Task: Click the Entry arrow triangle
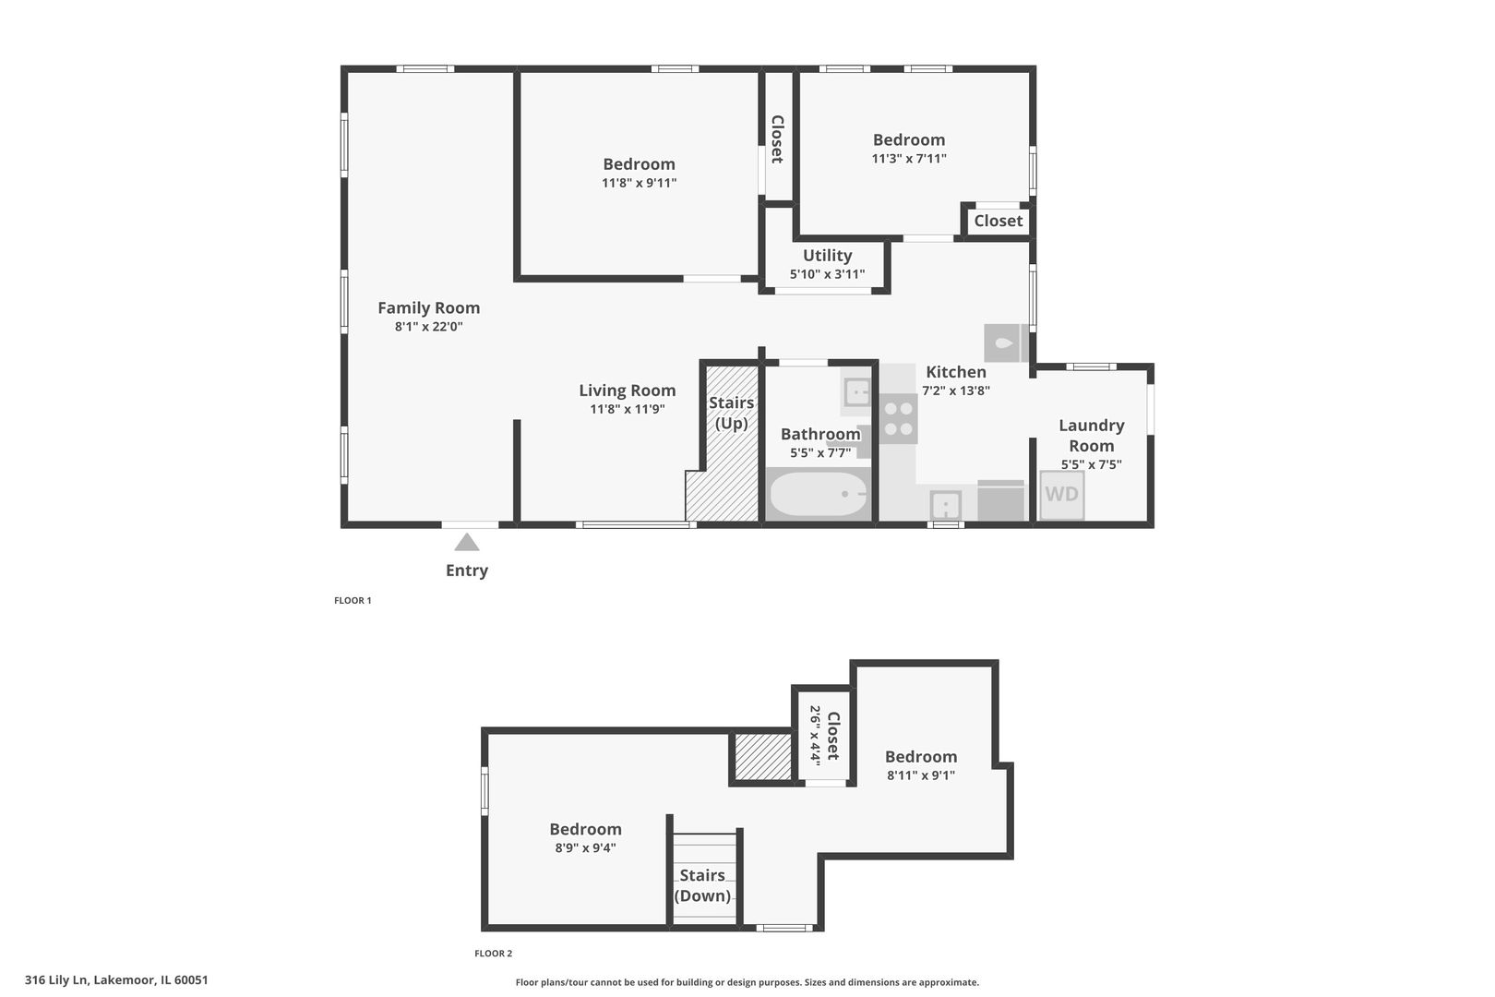(467, 543)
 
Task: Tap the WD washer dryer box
(1061, 495)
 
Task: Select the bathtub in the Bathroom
(818, 495)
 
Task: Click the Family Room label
(428, 308)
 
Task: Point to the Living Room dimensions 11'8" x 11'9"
(628, 409)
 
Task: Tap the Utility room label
(827, 256)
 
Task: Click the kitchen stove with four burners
(898, 418)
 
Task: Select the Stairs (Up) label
(731, 413)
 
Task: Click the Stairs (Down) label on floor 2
(702, 885)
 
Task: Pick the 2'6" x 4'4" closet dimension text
(815, 734)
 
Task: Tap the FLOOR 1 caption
(353, 600)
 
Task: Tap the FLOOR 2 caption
(493, 954)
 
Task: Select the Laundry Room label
(1091, 435)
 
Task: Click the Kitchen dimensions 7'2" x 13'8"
(956, 390)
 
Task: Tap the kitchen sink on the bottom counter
(945, 506)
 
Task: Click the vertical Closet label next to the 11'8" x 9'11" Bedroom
(777, 139)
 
